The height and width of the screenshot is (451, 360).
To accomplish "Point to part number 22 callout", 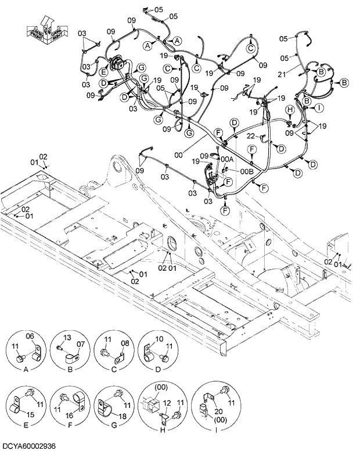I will tap(250, 136).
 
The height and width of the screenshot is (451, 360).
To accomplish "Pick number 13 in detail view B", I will tap(67, 338).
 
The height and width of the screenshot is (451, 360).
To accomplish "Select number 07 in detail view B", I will tap(81, 345).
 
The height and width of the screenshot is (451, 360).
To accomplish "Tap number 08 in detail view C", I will tap(124, 343).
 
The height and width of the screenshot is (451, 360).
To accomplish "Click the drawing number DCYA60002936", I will tap(28, 445).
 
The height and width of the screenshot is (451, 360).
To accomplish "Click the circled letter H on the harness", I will tap(289, 109).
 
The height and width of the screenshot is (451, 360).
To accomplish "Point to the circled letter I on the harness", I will tap(318, 107).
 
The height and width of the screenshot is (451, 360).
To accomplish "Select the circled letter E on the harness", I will tap(103, 72).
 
